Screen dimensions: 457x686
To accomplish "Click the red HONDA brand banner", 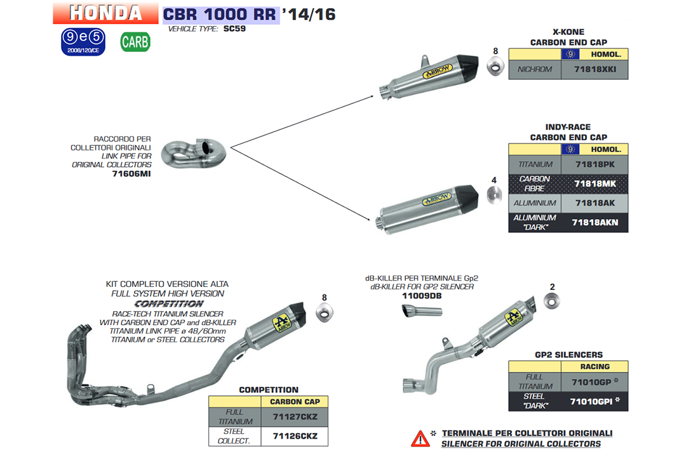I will (105, 12).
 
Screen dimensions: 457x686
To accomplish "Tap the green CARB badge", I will (135, 42).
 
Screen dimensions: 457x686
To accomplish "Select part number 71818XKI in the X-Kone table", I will (595, 69).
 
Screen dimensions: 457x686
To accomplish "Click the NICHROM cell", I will (535, 69).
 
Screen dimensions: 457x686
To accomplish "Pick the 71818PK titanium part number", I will (595, 164).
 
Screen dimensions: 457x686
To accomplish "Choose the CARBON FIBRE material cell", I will (535, 183).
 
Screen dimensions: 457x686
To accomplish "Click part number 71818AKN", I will (595, 222).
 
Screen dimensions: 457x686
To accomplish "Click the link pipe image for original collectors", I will (194, 151).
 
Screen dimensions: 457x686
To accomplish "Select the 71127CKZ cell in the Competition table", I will (295, 416).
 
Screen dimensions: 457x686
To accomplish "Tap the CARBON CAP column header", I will (295, 402).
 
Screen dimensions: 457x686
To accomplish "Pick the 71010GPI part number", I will (591, 401).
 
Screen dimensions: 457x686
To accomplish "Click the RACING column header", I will (595, 366).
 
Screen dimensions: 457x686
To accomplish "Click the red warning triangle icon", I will (420, 437).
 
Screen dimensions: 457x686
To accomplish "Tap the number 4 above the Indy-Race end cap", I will (494, 180).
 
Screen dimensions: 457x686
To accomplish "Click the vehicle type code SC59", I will (234, 29).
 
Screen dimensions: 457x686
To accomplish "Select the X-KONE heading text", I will (568, 32).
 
